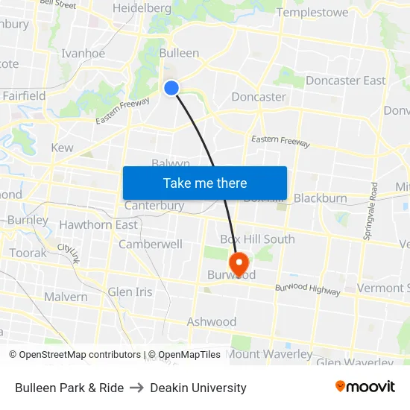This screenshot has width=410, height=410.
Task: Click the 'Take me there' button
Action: point(205,183)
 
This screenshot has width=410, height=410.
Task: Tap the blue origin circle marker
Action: point(171,88)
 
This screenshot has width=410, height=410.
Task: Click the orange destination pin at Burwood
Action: point(239,263)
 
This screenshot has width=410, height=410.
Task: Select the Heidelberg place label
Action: point(142,8)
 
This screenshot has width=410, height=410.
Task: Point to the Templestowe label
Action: point(312,12)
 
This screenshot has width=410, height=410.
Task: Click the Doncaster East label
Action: point(346,81)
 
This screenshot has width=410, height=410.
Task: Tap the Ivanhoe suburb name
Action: point(83,54)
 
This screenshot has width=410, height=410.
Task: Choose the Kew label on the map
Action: point(62,148)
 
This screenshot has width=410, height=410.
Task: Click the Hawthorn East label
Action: point(98,224)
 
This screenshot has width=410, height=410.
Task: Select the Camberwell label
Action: point(151,244)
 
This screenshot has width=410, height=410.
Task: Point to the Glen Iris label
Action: point(130,291)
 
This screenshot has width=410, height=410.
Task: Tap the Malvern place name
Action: point(66,296)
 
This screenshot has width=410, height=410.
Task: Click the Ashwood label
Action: point(212,322)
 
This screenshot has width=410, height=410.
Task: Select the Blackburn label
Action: point(321,198)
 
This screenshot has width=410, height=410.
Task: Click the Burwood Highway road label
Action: point(308,290)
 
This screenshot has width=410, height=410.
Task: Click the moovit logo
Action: point(365,386)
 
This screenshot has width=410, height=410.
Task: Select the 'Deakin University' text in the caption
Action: point(198,388)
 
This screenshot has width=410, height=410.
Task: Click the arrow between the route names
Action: point(137,388)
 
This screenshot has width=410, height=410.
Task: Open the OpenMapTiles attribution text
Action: point(184,355)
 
